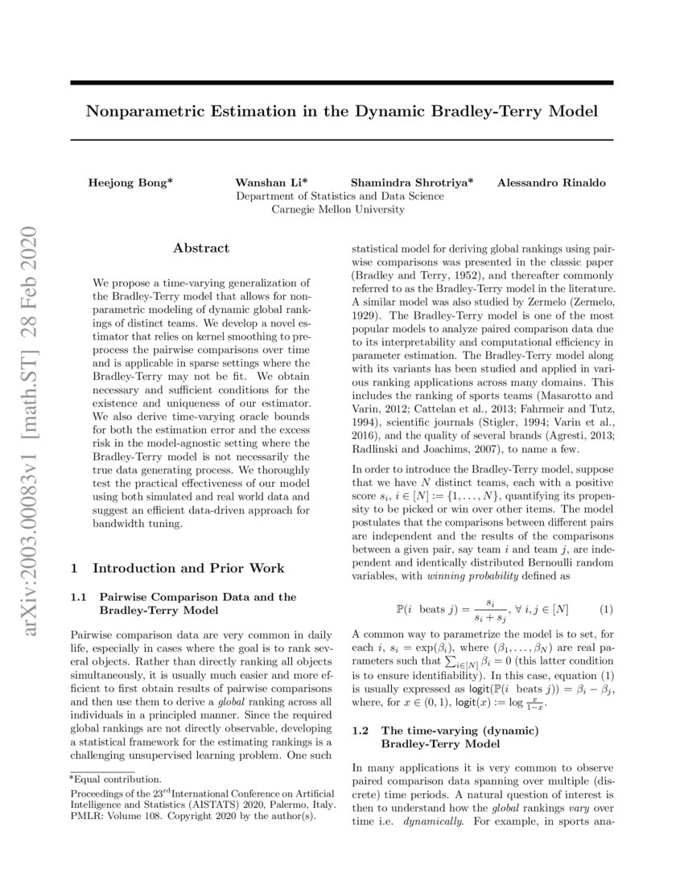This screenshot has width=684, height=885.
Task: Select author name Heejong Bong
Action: pos(130,183)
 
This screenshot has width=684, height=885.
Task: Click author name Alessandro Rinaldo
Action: pos(552,183)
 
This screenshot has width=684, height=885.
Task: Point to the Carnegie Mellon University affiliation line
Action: pos(338,210)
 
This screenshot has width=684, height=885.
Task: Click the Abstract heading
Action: pos(201,249)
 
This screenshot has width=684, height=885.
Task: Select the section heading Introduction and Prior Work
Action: pos(188,568)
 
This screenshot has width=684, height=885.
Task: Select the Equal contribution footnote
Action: pos(116,779)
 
